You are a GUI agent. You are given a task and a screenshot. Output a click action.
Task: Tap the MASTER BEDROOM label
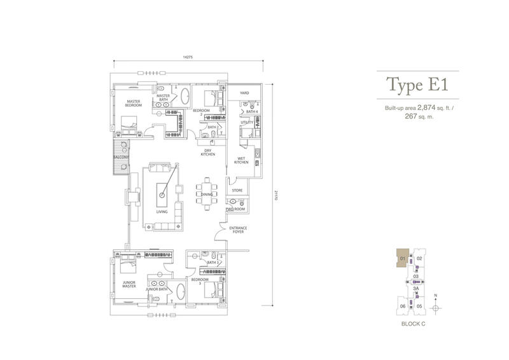tap(133, 103)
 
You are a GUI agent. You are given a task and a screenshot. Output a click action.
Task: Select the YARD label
tap(244, 93)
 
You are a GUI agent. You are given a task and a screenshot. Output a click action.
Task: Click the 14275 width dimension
tap(187, 57)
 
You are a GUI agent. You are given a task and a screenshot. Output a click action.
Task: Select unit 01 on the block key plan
tap(403, 258)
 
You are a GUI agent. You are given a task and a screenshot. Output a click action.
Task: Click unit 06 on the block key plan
tap(403, 306)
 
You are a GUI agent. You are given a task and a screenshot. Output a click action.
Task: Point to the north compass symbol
tap(435, 306)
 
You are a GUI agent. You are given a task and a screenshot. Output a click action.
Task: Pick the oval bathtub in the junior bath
tap(181, 293)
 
